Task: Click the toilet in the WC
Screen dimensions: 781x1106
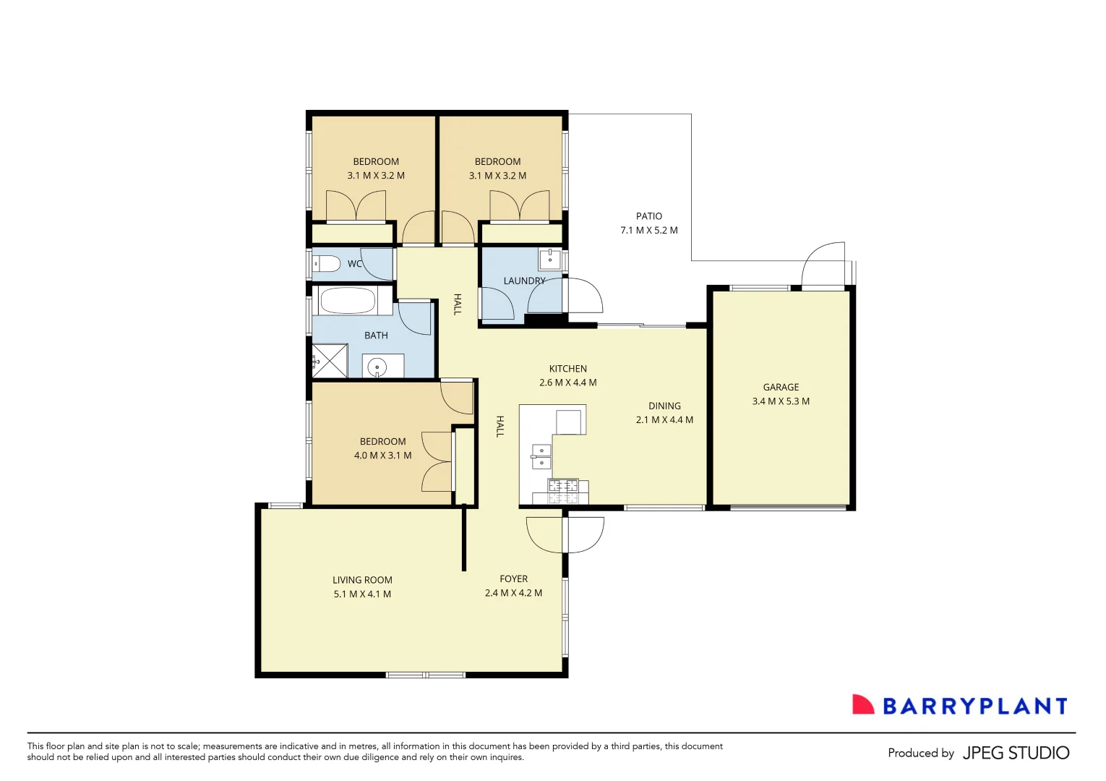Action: coord(327,263)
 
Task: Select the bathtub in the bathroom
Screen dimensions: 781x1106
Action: coord(348,301)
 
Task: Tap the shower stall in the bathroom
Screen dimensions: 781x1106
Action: coord(330,361)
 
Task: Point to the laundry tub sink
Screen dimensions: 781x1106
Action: coord(550,258)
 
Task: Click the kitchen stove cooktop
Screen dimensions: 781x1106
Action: coord(563,490)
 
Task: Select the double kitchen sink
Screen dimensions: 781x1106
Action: coord(541,457)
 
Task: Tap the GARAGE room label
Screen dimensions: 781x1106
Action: coord(781,387)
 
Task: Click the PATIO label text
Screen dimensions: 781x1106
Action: coord(648,216)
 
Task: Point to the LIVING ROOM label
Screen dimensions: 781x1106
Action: coord(362,580)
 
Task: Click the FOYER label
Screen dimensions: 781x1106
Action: coord(513,579)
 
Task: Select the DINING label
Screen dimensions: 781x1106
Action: coord(664,406)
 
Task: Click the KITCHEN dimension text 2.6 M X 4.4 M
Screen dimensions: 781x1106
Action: coord(567,383)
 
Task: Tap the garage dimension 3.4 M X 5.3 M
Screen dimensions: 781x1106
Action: coord(781,401)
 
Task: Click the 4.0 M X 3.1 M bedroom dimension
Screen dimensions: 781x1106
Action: coord(382,456)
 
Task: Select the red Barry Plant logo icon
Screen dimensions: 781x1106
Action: coord(862,705)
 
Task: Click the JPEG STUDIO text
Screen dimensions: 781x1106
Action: coord(1016,753)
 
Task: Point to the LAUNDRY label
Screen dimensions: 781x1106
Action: coord(524,281)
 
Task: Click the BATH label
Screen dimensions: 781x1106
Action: coord(376,336)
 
